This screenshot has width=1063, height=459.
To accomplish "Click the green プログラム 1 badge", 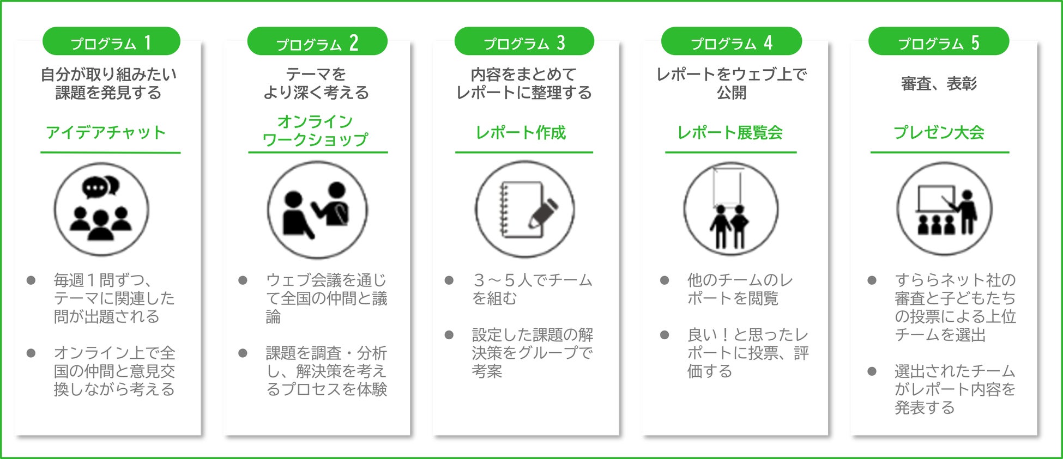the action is [x=111, y=42].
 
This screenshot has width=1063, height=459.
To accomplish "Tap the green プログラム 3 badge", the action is [x=524, y=42].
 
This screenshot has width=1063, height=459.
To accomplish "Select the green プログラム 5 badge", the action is [x=938, y=42].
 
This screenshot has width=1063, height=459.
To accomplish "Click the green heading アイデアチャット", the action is [x=106, y=132].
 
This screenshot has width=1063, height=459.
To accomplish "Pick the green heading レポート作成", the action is [x=521, y=132].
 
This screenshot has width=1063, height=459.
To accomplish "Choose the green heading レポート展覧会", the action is [x=730, y=132].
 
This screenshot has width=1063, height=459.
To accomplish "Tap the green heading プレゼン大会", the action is [x=939, y=132].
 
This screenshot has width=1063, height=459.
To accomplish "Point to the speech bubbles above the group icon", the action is [x=101, y=187].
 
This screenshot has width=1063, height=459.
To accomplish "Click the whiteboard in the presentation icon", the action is [x=935, y=199].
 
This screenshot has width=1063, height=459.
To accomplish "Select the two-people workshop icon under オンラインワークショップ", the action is [x=317, y=210].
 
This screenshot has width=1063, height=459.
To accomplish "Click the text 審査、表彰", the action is [x=939, y=84].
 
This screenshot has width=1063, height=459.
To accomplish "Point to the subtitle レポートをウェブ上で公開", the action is [x=731, y=83].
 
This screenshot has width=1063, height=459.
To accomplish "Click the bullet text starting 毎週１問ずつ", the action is [x=113, y=298].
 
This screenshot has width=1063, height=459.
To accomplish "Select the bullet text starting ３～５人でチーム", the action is [x=531, y=289].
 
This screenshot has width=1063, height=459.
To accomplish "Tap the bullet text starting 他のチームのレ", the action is [x=740, y=289].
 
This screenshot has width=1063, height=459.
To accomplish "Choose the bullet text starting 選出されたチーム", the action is [x=955, y=389].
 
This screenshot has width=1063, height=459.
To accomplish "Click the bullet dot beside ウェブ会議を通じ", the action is [x=243, y=280].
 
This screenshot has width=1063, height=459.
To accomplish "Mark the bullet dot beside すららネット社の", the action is [x=872, y=280].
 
